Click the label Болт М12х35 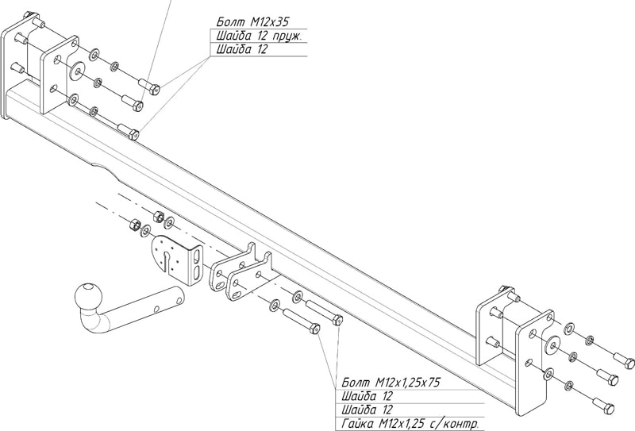(248, 21)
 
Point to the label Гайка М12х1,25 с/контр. (407, 424)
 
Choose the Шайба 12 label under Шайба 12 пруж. (241, 49)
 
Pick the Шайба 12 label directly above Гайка (365, 410)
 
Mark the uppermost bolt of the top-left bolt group (148, 85)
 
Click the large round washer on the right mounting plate (548, 343)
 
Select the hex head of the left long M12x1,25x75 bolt (313, 328)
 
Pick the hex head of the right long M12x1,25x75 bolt (337, 320)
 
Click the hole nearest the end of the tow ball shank (175, 298)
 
